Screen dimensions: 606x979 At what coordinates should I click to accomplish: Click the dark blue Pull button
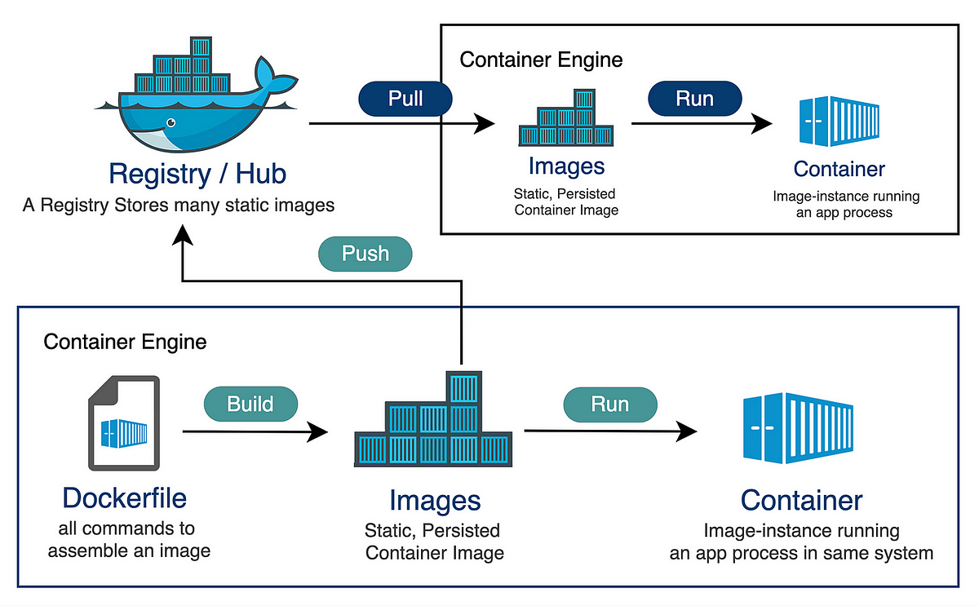pyautogui.click(x=405, y=99)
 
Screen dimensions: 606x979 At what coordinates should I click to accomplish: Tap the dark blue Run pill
pyautogui.click(x=694, y=99)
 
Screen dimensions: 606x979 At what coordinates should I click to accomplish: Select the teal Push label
pyautogui.click(x=365, y=254)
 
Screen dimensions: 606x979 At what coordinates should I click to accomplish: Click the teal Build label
pyautogui.click(x=250, y=404)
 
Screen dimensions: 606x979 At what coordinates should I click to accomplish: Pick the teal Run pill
pyautogui.click(x=609, y=405)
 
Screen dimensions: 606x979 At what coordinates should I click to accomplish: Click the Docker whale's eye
pyautogui.click(x=171, y=123)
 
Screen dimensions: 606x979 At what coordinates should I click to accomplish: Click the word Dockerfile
pyautogui.click(x=124, y=498)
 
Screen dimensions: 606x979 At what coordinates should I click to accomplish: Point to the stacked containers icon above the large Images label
pyautogui.click(x=434, y=429)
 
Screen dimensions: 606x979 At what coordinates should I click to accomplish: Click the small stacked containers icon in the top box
pyautogui.click(x=566, y=120)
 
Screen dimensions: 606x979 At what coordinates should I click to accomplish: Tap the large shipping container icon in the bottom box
pyautogui.click(x=799, y=427)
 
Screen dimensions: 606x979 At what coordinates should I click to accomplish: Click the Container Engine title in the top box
pyautogui.click(x=541, y=60)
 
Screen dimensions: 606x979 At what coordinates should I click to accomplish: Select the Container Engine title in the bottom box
pyautogui.click(x=125, y=342)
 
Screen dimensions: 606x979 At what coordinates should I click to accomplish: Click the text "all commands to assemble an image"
pyautogui.click(x=129, y=540)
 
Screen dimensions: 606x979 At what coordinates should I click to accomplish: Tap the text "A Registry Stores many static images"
pyautogui.click(x=179, y=205)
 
